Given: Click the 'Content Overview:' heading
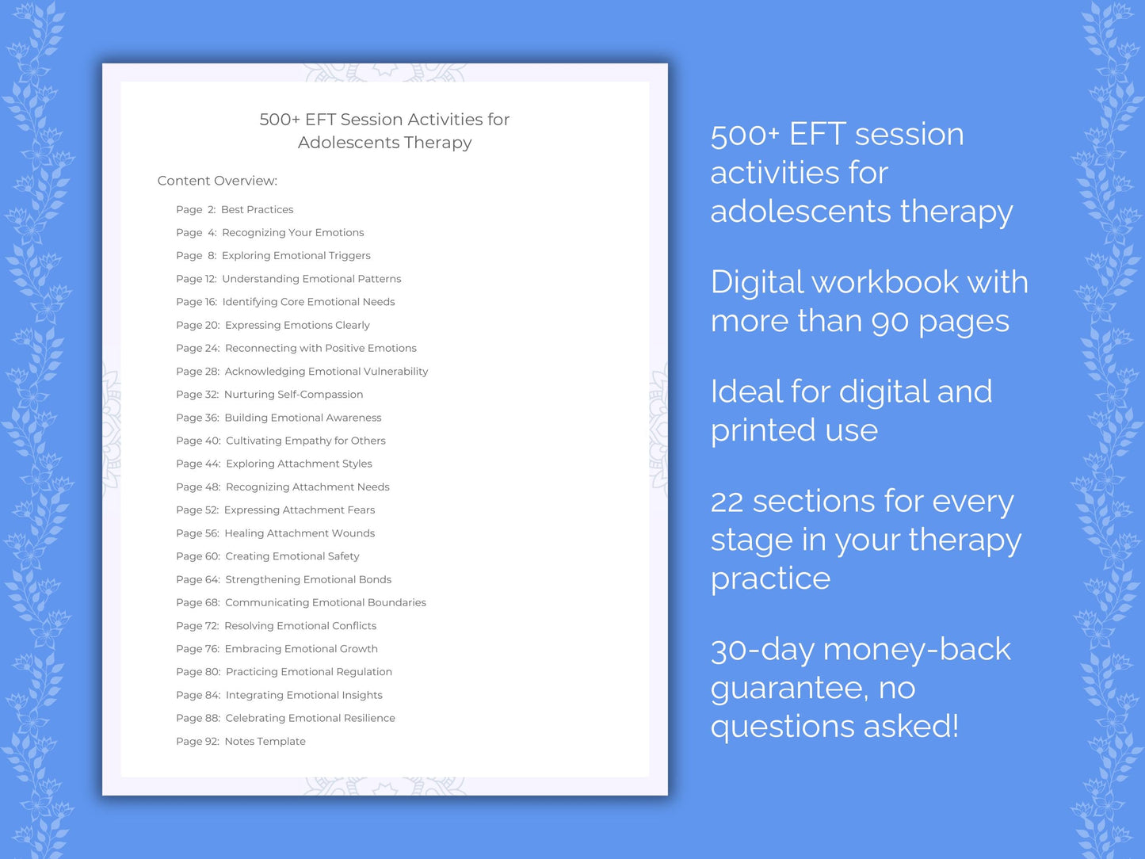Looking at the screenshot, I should pyautogui.click(x=217, y=181).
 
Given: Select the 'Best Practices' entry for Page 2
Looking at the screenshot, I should pyautogui.click(x=257, y=209).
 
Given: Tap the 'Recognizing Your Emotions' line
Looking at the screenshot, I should pyautogui.click(x=292, y=232).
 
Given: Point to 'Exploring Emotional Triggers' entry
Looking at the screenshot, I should pyautogui.click(x=296, y=255).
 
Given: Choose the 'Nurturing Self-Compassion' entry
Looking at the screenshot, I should pyautogui.click(x=293, y=394).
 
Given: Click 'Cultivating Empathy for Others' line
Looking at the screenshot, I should pyautogui.click(x=305, y=441).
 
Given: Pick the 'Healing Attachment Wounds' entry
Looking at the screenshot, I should pyautogui.click(x=300, y=533).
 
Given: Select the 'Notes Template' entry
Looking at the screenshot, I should pyautogui.click(x=265, y=741).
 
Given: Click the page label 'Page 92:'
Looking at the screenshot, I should pyautogui.click(x=197, y=741).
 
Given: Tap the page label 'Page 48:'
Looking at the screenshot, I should pyautogui.click(x=198, y=487).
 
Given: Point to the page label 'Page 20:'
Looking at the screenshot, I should pyautogui.click(x=198, y=325).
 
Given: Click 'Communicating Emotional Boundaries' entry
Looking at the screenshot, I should pyautogui.click(x=325, y=602).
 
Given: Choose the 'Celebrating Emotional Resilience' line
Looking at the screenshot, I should pyautogui.click(x=310, y=718).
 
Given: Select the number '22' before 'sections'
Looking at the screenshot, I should pyautogui.click(x=727, y=502).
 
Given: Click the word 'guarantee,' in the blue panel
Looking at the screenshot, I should pyautogui.click(x=789, y=688).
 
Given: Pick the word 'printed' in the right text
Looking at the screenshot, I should pyautogui.click(x=763, y=430).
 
